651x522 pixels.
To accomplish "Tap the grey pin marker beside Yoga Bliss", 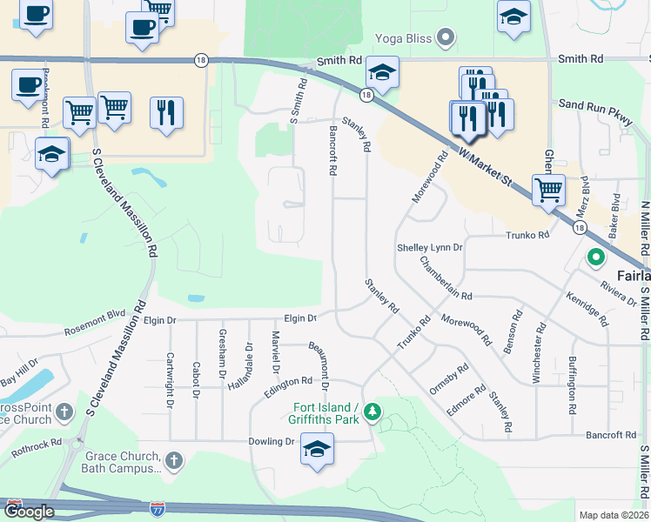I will point(446,37).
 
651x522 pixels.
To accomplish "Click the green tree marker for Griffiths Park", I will point(372,410).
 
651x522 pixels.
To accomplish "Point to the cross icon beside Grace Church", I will point(173,460).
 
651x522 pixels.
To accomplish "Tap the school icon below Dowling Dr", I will point(317,451).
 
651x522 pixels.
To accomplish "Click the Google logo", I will point(29,512).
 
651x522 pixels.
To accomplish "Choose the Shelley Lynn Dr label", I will point(430,248).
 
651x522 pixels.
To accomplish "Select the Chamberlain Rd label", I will point(446,279).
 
